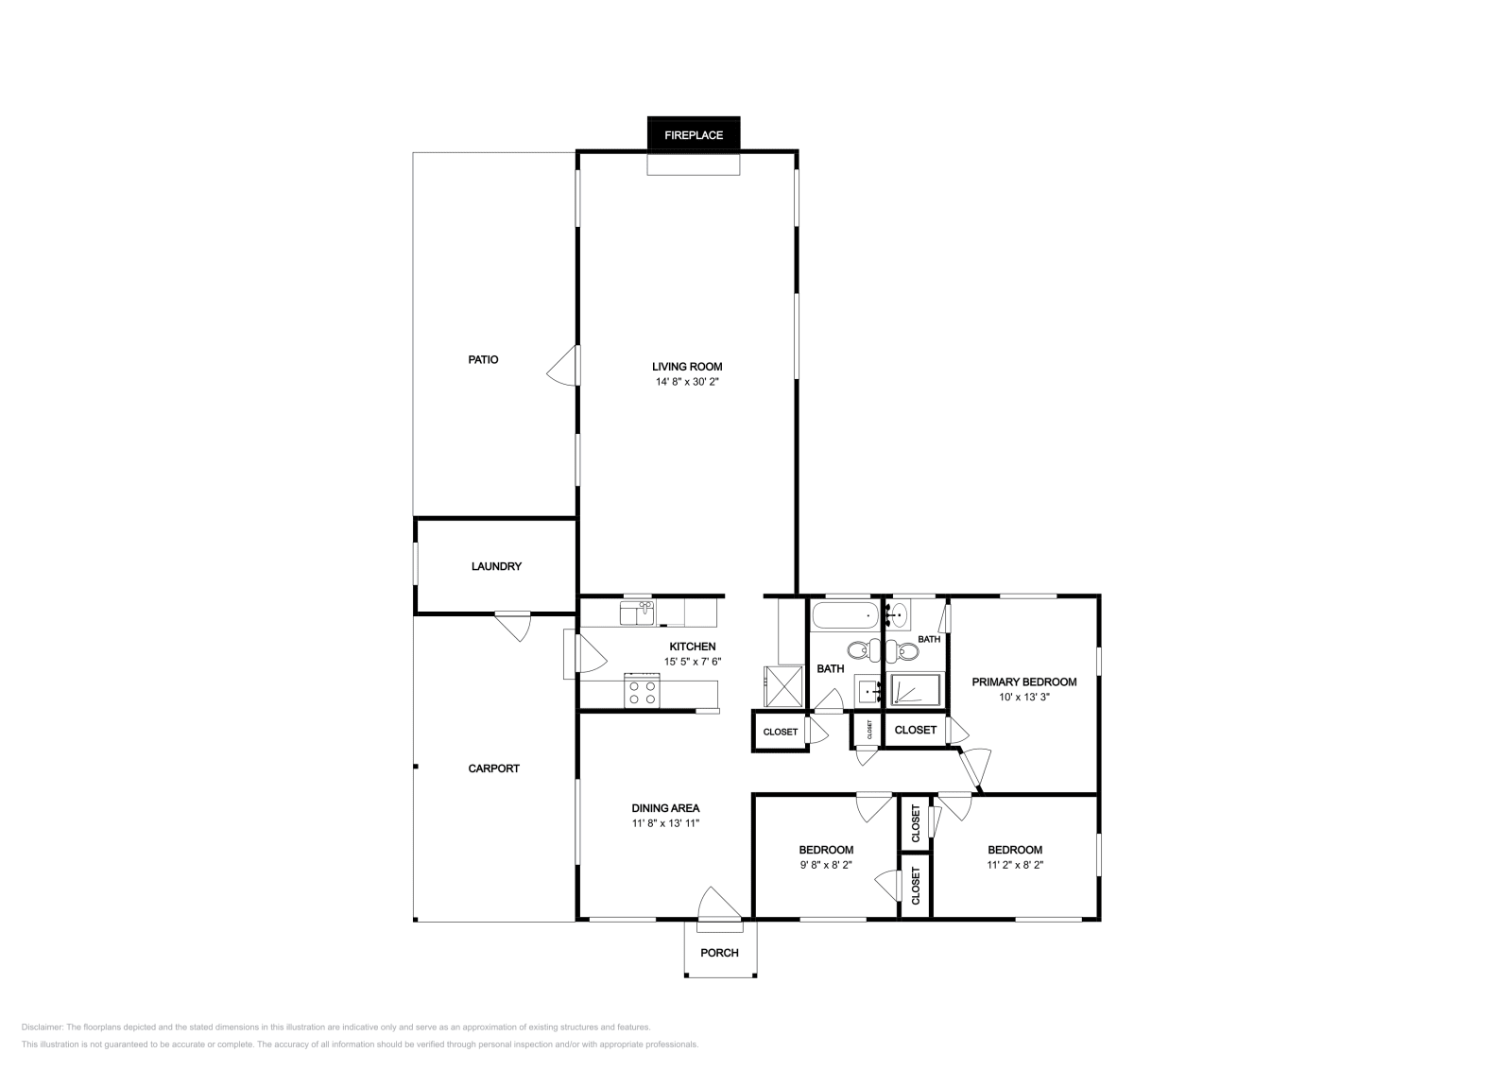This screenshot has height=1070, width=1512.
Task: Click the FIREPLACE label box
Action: click(693, 134)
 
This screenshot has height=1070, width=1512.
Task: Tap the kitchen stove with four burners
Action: click(642, 692)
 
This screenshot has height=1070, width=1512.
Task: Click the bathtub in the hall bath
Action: click(845, 617)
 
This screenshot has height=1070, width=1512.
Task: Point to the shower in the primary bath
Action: click(915, 690)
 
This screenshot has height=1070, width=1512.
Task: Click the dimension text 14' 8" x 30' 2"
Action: click(687, 382)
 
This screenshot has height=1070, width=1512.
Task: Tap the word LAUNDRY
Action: click(496, 566)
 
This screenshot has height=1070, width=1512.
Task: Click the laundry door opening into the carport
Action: click(513, 625)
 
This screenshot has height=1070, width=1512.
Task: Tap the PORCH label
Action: click(719, 952)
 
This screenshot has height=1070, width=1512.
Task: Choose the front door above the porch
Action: click(718, 904)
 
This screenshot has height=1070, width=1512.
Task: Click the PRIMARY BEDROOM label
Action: click(1024, 682)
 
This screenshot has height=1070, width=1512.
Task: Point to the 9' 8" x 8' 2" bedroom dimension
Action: click(825, 865)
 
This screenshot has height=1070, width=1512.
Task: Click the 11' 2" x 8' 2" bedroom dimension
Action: click(1015, 865)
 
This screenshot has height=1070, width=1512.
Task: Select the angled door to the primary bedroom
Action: click(973, 768)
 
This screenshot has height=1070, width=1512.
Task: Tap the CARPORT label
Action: click(493, 768)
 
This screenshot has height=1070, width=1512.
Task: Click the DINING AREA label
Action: click(665, 808)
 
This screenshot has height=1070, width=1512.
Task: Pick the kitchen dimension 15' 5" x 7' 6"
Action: click(692, 662)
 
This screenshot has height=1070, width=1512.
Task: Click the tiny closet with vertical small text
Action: click(868, 730)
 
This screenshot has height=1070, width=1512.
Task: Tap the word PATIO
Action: click(483, 359)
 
